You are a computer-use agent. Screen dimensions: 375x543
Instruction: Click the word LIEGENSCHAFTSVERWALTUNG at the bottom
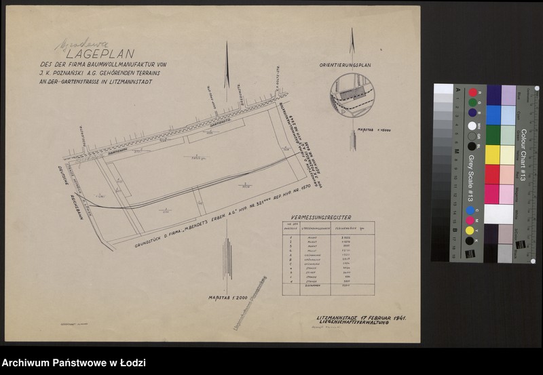tap(360, 325)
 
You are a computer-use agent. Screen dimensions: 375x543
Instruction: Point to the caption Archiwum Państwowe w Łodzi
tap(74, 363)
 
